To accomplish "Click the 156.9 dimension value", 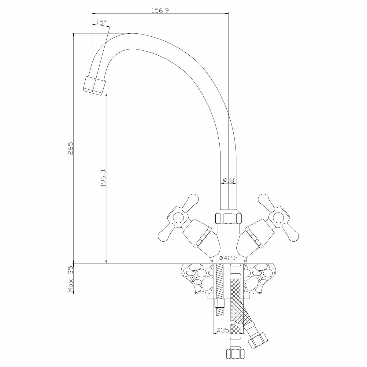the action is [x=160, y=10].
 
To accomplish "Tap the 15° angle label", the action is [x=101, y=22].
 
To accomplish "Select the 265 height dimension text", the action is [x=70, y=149].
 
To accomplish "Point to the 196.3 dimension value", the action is [x=103, y=178].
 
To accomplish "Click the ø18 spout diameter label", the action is [x=228, y=180].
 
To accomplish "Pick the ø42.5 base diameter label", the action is [x=229, y=258].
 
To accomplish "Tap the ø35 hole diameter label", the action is [x=223, y=330].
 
